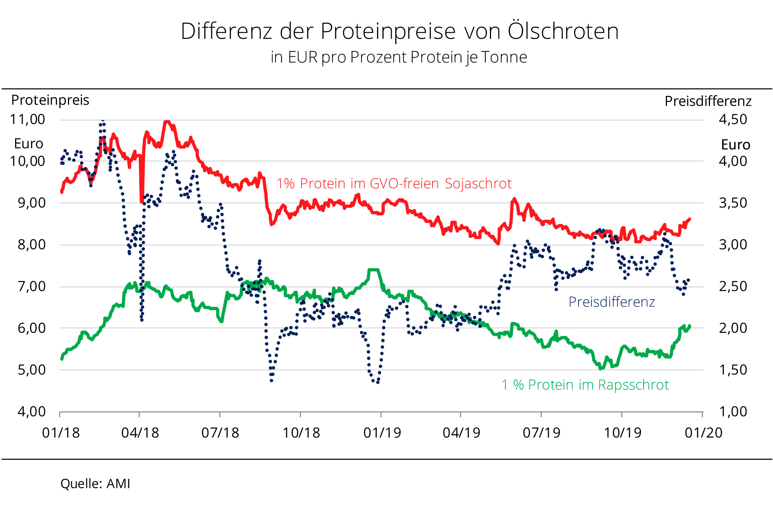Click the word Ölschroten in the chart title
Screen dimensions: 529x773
[563, 31]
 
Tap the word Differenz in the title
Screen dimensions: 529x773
[226, 31]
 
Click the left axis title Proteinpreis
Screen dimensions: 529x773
[50, 100]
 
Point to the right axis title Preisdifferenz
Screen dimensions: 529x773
[708, 101]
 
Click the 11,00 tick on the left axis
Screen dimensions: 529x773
[28, 119]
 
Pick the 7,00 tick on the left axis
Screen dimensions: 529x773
[32, 286]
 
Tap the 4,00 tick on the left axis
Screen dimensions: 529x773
[32, 411]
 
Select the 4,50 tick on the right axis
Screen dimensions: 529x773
[733, 119]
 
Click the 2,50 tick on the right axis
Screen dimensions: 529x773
[733, 286]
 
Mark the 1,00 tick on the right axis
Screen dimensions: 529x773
[733, 411]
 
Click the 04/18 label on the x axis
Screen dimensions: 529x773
[140, 433]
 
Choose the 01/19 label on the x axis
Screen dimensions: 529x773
[382, 433]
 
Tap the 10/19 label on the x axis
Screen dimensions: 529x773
[622, 433]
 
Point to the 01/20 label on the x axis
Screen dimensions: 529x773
[704, 433]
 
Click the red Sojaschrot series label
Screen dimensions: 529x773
[394, 184]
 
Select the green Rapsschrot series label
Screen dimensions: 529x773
[585, 385]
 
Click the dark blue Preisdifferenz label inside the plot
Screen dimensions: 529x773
[611, 302]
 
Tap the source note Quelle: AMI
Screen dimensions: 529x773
[95, 484]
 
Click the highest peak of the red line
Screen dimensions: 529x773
[167, 121]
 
